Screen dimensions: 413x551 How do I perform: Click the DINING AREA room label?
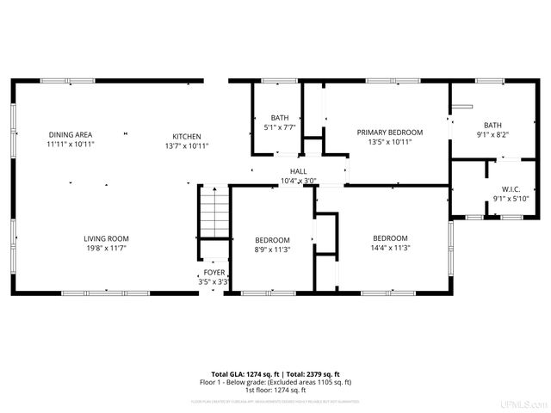pos(71,135)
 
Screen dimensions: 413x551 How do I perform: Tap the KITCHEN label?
pos(187,137)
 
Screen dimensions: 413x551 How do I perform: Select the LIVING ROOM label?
pos(106,238)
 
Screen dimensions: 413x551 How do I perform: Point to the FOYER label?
pos(214,273)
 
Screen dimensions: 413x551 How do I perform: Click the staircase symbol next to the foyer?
pos(215,216)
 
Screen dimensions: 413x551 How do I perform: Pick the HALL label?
pos(299,172)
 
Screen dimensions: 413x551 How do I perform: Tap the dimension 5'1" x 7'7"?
pos(280,127)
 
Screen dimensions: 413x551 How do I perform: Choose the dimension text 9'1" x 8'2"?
pos(492,134)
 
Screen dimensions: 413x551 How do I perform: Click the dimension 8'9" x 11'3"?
pos(272,250)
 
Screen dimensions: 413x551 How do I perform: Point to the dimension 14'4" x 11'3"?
pos(390,248)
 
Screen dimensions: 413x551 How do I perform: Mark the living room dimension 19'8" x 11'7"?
pos(106,248)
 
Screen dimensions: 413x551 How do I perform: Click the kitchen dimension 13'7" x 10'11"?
pos(187,146)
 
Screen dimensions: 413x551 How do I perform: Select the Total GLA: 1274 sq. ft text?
pos(241,374)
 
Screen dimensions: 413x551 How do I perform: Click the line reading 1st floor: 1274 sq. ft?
pos(275,390)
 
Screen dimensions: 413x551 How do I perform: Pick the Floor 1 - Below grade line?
pos(275,382)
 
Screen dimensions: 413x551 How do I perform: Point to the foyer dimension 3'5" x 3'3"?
pos(214,281)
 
